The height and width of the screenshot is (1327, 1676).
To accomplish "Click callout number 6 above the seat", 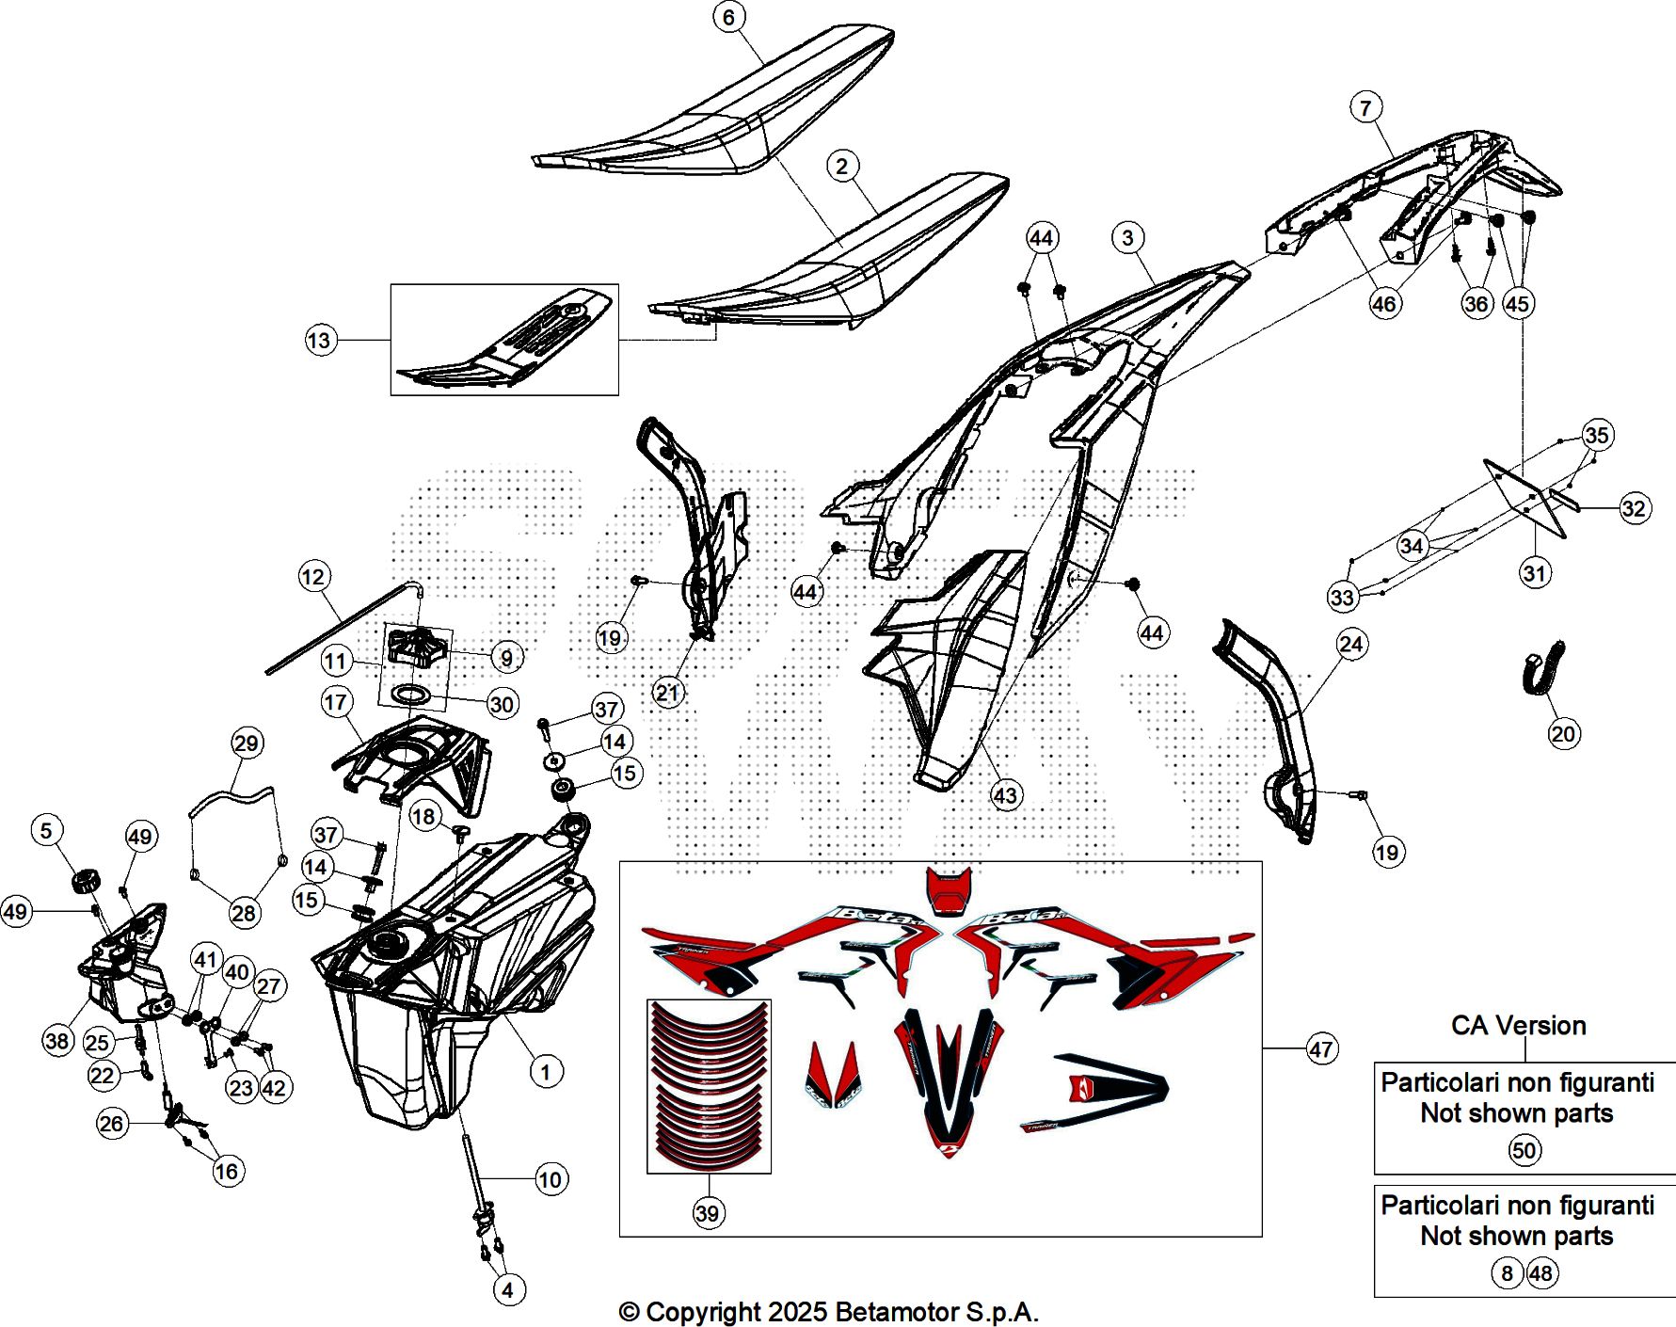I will (728, 17).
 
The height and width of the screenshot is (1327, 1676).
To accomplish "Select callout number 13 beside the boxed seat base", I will (320, 340).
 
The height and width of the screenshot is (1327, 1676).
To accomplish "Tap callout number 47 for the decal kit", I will (1321, 1049).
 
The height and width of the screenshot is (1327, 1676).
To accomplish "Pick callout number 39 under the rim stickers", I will (708, 1213).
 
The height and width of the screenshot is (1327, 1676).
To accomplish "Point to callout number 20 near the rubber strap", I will (1563, 733).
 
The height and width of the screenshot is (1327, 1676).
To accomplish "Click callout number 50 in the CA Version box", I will (1524, 1150).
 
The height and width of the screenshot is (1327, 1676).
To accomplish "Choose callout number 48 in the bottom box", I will (1540, 1273).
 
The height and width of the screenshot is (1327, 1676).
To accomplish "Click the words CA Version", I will (1518, 1025).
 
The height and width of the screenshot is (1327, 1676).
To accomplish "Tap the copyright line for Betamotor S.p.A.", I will (828, 1311).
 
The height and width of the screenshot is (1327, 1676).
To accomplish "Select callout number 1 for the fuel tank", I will (546, 1071).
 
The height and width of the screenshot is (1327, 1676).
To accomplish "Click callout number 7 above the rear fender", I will (1365, 107).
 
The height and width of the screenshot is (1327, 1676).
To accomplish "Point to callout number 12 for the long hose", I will (313, 577).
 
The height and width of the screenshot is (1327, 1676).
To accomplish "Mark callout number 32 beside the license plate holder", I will (1634, 509).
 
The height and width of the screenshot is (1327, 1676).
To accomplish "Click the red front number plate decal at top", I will (948, 889).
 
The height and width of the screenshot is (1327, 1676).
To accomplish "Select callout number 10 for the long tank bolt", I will (551, 1179).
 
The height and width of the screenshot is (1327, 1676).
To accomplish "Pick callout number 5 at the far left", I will (47, 830).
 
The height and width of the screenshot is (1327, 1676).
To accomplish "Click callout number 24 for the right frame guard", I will (1351, 645).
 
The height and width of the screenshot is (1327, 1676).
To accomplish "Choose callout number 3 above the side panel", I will (1127, 237).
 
